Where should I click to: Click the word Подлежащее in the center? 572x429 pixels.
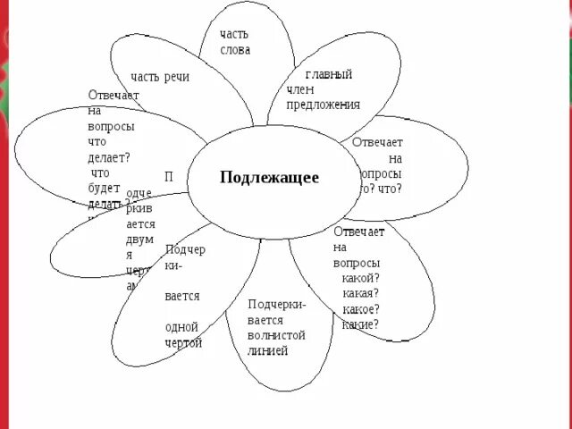(x=269, y=177)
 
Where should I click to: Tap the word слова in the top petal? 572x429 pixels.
(x=235, y=50)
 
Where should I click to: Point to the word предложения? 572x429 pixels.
(x=323, y=104)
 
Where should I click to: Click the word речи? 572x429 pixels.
(x=177, y=77)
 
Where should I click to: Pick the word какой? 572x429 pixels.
(x=358, y=278)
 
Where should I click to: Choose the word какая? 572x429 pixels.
(x=360, y=293)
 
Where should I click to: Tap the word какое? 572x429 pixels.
(x=359, y=309)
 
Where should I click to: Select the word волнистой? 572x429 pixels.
(x=277, y=335)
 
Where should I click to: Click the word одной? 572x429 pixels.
(x=181, y=326)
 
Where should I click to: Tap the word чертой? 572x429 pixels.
(x=183, y=342)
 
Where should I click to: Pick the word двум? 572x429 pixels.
(x=140, y=239)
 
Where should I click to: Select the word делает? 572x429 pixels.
(x=108, y=157)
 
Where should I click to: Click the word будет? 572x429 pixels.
(x=105, y=189)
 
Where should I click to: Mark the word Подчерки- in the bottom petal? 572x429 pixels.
(x=277, y=304)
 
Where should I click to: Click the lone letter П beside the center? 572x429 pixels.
(x=169, y=177)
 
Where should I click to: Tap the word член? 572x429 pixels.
(x=300, y=89)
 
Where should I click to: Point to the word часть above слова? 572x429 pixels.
(x=235, y=34)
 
